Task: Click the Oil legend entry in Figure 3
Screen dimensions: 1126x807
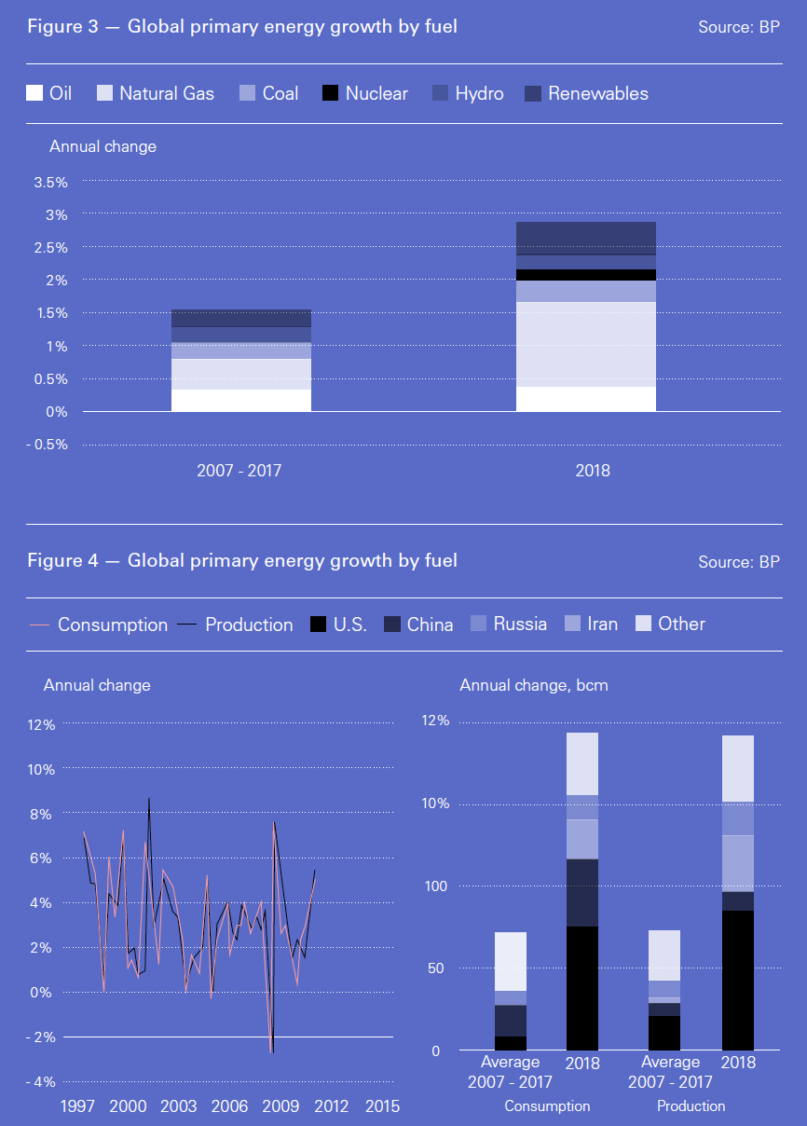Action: tap(49, 93)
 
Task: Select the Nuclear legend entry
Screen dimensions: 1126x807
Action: tap(364, 93)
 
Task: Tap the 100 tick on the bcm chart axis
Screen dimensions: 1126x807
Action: tap(436, 886)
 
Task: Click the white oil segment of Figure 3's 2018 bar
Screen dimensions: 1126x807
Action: tap(585, 399)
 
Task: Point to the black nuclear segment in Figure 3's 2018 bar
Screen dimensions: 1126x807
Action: tap(585, 275)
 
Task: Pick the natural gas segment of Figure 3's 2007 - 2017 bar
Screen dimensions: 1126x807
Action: tap(240, 374)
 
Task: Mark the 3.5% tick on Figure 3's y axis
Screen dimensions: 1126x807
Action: tap(50, 183)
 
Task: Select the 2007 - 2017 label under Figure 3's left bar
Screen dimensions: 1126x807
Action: tap(239, 471)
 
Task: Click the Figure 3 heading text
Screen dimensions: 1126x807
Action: tap(242, 27)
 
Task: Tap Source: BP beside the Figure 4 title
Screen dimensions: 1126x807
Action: tap(738, 562)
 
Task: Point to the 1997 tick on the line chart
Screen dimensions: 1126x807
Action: tap(77, 1106)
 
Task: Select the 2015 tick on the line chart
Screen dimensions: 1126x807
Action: tap(382, 1106)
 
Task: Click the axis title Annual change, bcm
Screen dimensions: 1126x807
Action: tap(534, 685)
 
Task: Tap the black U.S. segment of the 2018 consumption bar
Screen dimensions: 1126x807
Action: tap(582, 988)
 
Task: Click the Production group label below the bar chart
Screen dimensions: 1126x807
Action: tap(691, 1106)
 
